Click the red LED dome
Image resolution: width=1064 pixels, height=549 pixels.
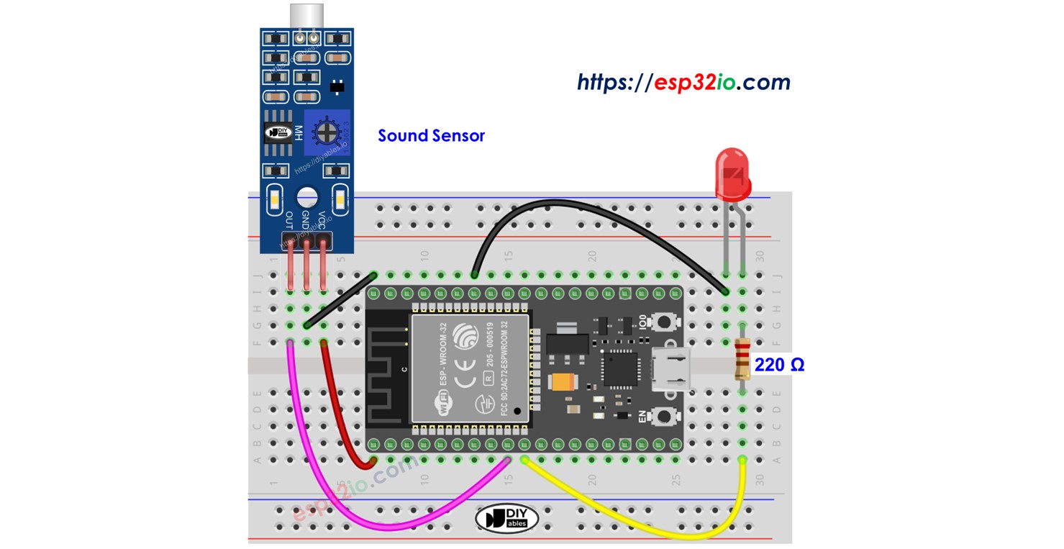pyautogui.click(x=732, y=172)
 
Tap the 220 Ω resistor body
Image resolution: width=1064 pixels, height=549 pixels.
pyautogui.click(x=742, y=360)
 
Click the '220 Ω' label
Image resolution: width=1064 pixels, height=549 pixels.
pyautogui.click(x=779, y=366)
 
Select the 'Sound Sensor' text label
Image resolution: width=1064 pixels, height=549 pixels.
pyautogui.click(x=432, y=135)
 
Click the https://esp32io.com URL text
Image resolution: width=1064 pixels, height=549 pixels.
pyautogui.click(x=683, y=83)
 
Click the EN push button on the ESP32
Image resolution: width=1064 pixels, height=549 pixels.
pyautogui.click(x=664, y=415)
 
